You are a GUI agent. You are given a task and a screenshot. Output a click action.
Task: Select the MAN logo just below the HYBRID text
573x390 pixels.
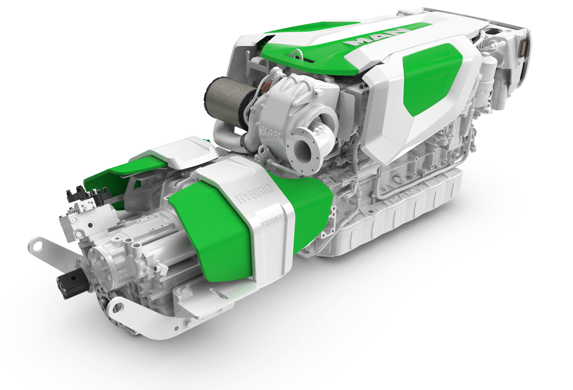271,221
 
